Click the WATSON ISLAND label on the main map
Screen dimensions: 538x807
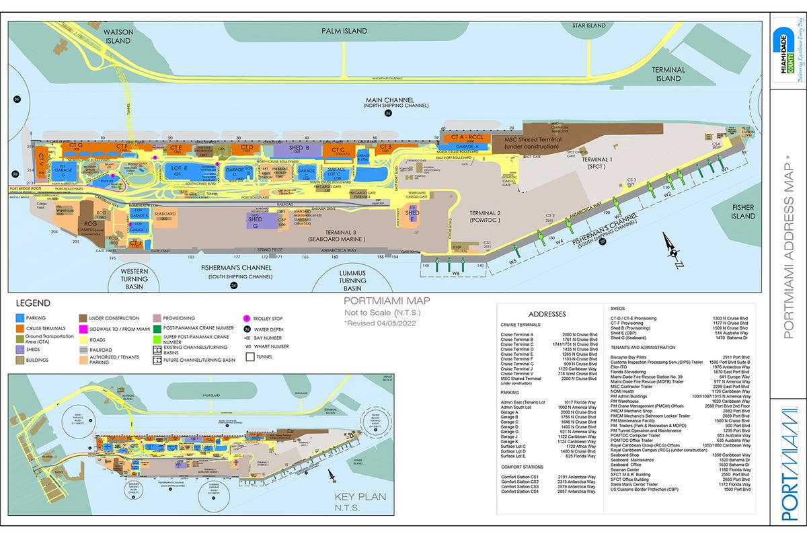pyautogui.click(x=117, y=36)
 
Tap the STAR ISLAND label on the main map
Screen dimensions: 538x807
pyautogui.click(x=588, y=26)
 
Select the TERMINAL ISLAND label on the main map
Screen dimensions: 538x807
pyautogui.click(x=668, y=74)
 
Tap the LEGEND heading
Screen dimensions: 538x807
pyautogui.click(x=32, y=303)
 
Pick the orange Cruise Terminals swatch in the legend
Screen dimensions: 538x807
pyautogui.click(x=20, y=328)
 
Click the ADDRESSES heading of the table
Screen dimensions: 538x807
pyautogui.click(x=547, y=314)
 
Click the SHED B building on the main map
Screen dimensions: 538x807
pyautogui.click(x=299, y=149)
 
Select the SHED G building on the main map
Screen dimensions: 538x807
pyautogui.click(x=256, y=223)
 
